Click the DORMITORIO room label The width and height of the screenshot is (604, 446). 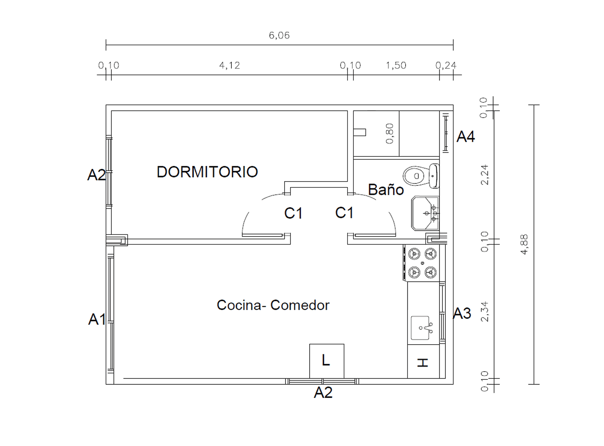tap(207, 172)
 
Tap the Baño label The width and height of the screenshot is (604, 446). tap(386, 190)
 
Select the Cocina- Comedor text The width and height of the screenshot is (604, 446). tap(273, 305)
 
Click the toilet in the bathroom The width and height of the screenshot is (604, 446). tap(421, 176)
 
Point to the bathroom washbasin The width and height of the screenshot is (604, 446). tap(426, 213)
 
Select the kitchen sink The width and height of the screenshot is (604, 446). tap(421, 328)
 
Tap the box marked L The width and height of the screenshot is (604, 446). tap(327, 361)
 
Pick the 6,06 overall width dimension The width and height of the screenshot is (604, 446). tap(279, 35)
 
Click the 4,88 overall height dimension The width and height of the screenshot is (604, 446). tap(524, 244)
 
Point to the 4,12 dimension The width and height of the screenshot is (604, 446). tap(230, 65)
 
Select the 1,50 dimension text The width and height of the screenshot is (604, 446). tap(396, 65)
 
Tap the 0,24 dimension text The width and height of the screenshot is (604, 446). tap(446, 65)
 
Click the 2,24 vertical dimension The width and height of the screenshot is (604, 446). tap(485, 175)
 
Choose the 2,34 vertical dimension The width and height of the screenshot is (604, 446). tap(485, 312)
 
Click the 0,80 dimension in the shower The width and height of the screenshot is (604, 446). tap(390, 133)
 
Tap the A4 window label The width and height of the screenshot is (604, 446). tap(466, 136)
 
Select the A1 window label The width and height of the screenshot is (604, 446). tap(97, 319)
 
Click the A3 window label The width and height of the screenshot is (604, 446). tap(462, 313)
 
